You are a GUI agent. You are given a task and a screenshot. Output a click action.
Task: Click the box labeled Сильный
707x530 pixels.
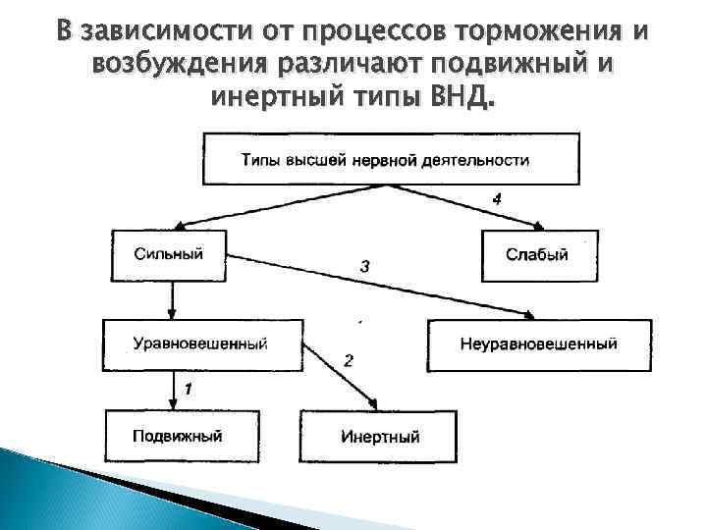coord(169,254)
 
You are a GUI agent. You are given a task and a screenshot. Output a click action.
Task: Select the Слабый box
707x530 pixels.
coord(536,255)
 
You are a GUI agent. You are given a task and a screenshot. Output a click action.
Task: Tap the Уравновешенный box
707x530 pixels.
coord(200,344)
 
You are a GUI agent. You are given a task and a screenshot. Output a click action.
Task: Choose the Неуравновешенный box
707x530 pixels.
coord(538,344)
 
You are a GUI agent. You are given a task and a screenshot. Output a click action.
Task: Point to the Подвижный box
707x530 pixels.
coord(178,435)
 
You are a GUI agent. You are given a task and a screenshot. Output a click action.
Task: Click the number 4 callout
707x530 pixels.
coord(497,198)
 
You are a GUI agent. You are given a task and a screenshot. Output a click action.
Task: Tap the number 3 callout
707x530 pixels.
coord(364,266)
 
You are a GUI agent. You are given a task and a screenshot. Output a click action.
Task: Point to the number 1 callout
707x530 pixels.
coord(189,389)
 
